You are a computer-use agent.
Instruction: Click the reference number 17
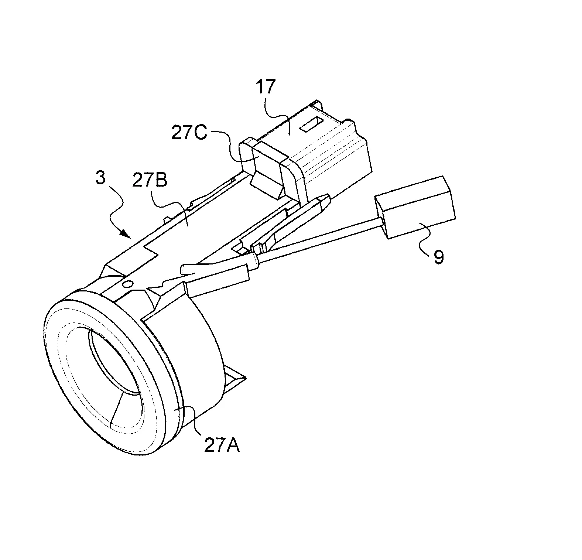pos(265,88)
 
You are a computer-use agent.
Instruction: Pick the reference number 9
pos(438,257)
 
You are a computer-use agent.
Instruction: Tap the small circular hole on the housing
pos(128,284)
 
